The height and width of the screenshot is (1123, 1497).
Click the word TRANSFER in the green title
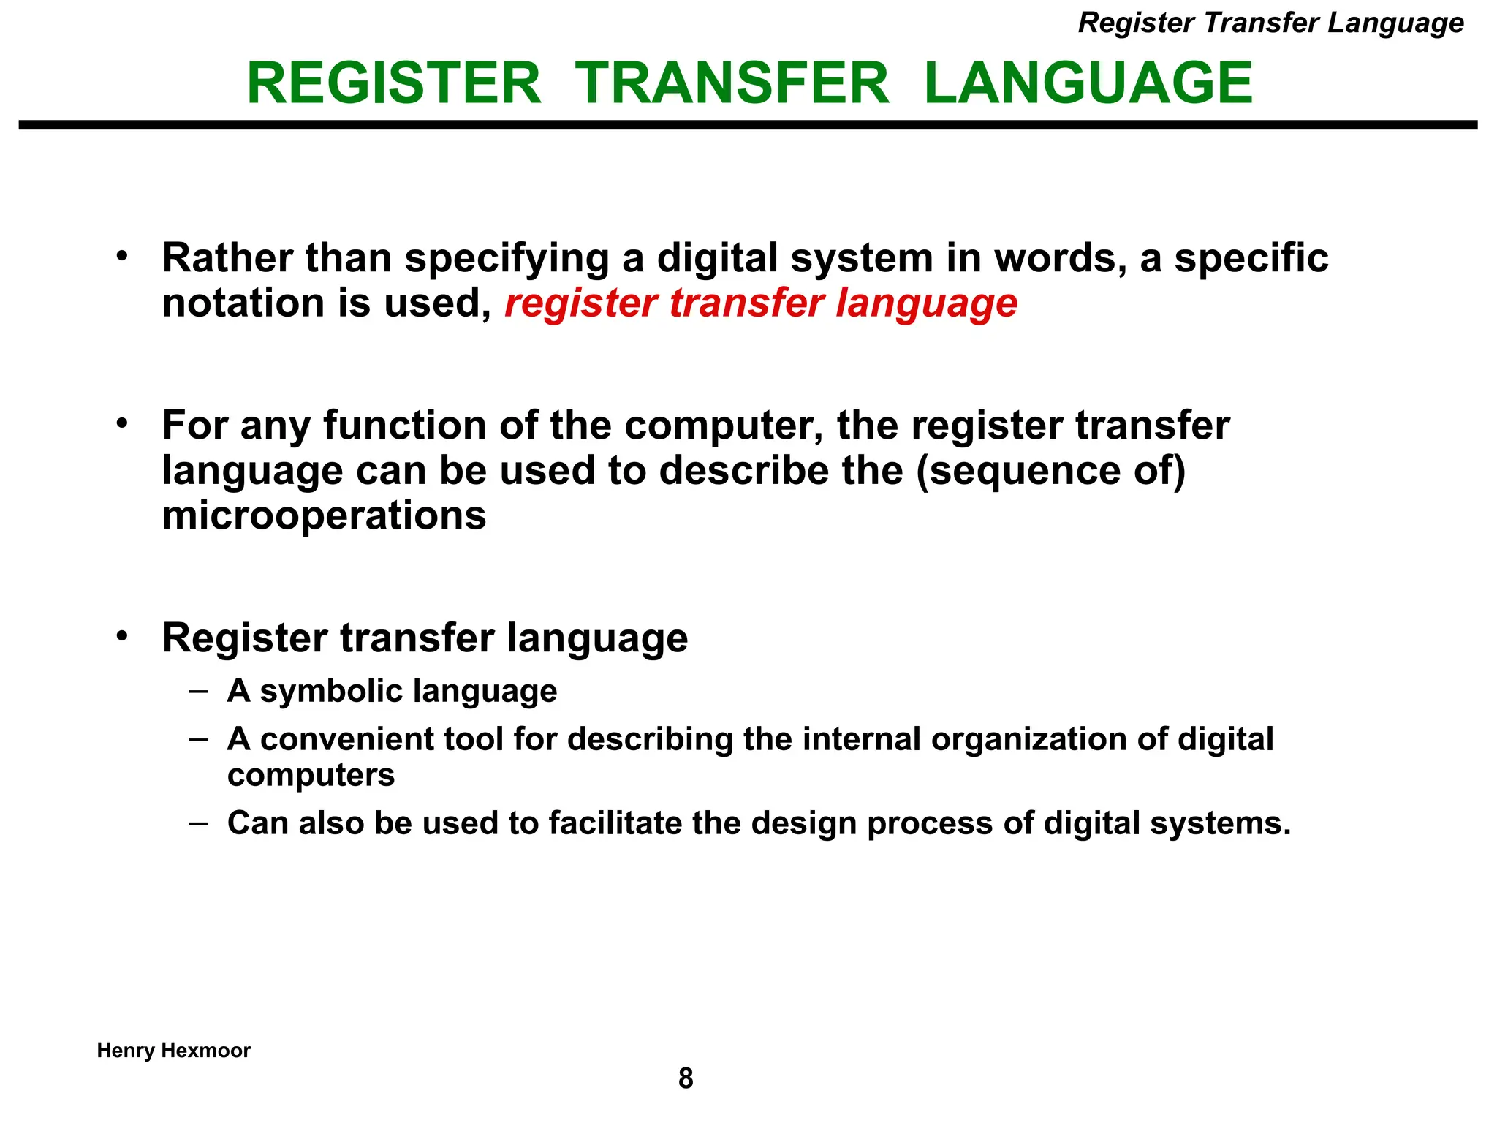click(732, 83)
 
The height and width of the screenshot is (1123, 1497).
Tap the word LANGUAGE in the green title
click(1088, 83)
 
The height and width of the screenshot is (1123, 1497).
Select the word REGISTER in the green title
click(394, 83)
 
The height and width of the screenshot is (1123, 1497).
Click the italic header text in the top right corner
click(1270, 23)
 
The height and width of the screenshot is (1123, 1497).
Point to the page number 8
click(686, 1078)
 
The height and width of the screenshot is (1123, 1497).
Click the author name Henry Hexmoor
click(174, 1051)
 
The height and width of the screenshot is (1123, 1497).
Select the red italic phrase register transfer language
click(761, 303)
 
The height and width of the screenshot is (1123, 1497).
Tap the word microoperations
click(324, 515)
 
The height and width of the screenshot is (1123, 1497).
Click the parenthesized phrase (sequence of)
click(1050, 470)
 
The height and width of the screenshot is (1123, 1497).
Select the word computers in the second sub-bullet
click(311, 775)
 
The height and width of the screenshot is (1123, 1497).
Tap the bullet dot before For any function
click(122, 423)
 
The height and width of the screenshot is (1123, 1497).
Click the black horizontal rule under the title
click(748, 126)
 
